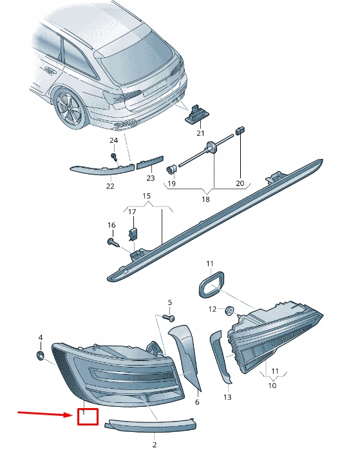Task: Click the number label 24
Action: (113, 140)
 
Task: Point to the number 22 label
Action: (110, 187)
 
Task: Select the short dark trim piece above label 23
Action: (150, 163)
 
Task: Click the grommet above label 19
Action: (172, 169)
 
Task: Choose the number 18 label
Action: (205, 200)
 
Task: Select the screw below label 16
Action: (111, 242)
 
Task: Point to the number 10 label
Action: (272, 386)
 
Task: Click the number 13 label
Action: (227, 398)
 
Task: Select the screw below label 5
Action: (171, 318)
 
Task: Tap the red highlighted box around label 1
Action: (88, 416)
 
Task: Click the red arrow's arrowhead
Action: (71, 415)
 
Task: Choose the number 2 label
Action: (154, 444)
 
